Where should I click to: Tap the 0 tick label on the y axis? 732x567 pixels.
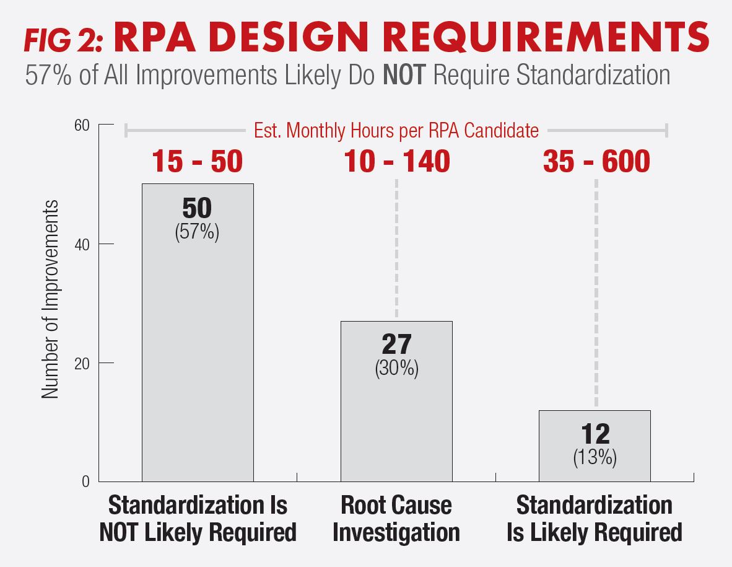86,482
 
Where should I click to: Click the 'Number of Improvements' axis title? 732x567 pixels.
51,299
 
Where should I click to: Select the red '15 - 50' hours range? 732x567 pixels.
198,161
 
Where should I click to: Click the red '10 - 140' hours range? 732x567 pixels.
396,161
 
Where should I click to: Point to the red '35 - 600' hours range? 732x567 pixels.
596,161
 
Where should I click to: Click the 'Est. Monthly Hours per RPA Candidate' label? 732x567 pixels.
396,131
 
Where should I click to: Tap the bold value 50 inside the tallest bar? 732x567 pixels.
197,209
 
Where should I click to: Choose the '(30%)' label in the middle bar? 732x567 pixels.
396,369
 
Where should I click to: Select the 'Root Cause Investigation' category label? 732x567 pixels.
396,519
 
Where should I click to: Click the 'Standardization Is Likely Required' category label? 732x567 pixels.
595,519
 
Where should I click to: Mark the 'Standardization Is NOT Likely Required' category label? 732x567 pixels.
198,519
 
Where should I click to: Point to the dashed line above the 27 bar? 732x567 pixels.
396,248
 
